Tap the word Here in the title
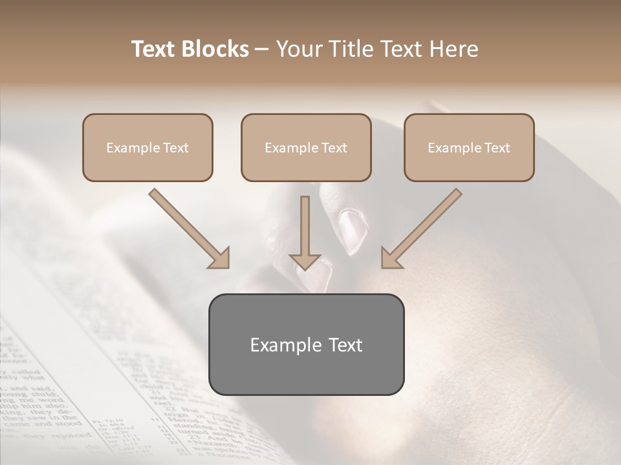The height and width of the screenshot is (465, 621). (454, 49)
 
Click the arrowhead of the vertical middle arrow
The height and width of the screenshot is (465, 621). (305, 262)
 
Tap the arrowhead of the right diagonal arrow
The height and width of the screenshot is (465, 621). (391, 258)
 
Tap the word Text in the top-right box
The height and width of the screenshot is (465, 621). (497, 148)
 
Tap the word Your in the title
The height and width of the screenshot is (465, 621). (294, 49)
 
